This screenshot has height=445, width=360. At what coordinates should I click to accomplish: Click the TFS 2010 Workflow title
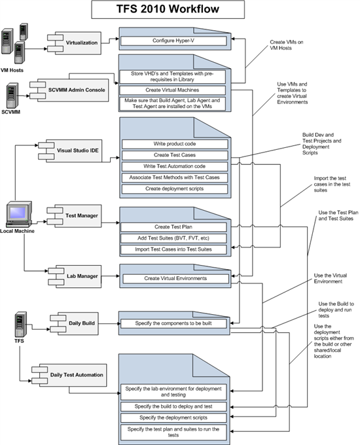[x=168, y=9]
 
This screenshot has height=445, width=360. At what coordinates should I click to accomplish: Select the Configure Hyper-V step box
[x=173, y=41]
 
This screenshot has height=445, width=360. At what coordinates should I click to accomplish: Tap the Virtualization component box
[x=75, y=43]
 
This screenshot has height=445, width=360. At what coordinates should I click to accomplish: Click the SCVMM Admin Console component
[x=69, y=90]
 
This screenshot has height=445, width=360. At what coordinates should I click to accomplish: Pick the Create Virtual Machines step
[x=172, y=90]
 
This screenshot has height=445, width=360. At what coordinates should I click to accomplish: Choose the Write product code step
[x=175, y=144]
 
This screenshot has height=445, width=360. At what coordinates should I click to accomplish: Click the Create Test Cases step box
[x=175, y=155]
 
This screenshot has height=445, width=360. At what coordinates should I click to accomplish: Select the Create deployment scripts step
[x=175, y=188]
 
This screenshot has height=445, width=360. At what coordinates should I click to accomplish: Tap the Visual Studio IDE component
[x=71, y=151]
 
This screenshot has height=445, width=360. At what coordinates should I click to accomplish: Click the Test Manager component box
[x=75, y=216]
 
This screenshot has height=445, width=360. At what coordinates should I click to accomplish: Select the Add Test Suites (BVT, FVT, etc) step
[x=173, y=238]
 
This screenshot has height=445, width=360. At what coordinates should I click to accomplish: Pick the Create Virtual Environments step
[x=175, y=278]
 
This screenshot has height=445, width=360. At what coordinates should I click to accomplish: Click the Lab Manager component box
[x=75, y=276]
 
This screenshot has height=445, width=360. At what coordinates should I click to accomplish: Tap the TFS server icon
[x=21, y=325]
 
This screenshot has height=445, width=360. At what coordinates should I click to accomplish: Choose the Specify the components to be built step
[x=173, y=323]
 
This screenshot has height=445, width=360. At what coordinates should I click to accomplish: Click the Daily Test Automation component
[x=69, y=375]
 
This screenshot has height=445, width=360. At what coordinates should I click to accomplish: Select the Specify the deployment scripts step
[x=173, y=418]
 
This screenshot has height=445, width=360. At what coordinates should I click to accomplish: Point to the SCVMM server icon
[x=12, y=96]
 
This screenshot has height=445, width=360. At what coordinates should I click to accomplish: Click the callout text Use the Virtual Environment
[x=330, y=278]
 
